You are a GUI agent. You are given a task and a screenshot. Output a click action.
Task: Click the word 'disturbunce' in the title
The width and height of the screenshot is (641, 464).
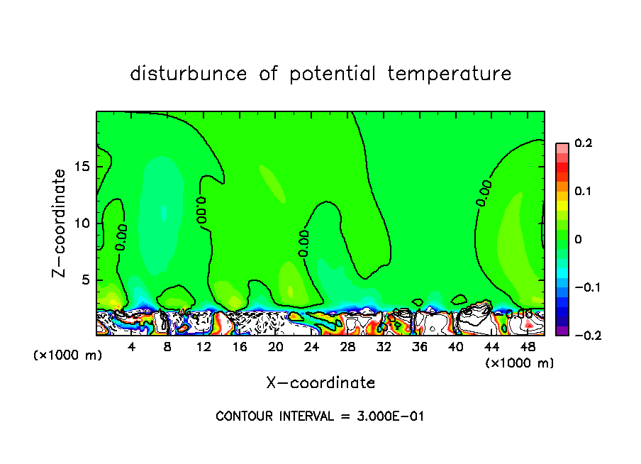188,74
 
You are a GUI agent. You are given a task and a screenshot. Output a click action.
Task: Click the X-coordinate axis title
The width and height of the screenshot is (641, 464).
320,383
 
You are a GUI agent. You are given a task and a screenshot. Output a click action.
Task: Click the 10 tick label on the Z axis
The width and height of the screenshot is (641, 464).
82,223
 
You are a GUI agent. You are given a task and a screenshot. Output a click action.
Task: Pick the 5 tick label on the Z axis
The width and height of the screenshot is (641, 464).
86,280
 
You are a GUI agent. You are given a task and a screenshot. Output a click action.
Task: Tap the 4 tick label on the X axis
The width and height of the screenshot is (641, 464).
132,348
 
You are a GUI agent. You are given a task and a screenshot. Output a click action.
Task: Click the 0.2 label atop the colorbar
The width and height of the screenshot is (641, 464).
583,143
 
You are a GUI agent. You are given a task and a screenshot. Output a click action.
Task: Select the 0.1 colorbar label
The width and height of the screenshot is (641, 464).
583,192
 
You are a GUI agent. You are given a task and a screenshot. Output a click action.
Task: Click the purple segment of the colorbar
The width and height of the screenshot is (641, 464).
562,331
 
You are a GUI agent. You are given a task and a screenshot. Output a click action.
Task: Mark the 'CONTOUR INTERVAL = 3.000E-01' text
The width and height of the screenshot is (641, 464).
320,416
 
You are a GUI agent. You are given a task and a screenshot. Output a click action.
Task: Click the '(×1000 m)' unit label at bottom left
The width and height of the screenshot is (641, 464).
67,355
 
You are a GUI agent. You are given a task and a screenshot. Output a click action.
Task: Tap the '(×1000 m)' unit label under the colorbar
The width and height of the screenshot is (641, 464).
519,363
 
